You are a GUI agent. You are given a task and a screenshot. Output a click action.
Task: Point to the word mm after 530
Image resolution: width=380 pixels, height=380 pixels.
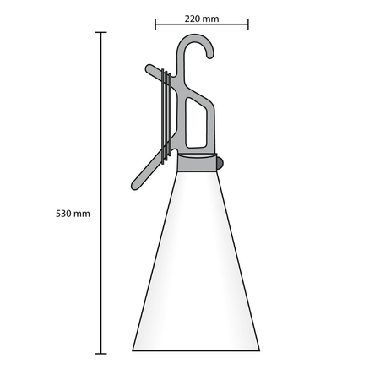coord(82,214)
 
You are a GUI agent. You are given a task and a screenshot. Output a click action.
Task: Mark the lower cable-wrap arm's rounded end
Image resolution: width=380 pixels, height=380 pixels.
coord(138,181)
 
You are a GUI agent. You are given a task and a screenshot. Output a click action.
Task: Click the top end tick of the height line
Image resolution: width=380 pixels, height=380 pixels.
coord(101,32)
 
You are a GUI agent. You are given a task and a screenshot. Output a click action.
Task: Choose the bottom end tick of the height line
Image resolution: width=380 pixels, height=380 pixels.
coord(101,352)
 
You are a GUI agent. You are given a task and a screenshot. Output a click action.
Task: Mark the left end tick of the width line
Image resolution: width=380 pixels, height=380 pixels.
coord(155,25)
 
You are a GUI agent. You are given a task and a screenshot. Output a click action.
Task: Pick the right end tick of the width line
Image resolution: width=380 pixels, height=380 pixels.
coord(248,25)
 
